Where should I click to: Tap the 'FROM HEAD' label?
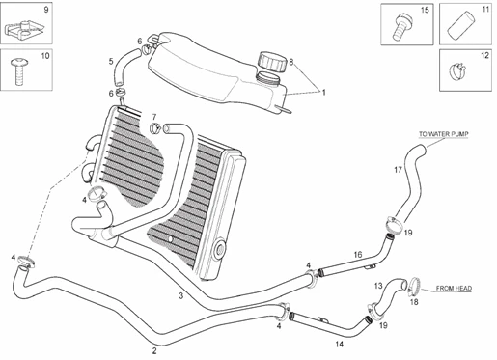tap(453, 288)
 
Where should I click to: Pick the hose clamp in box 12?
tap(460, 69)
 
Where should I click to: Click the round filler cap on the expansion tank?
tap(269, 62)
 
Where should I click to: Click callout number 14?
tap(338, 344)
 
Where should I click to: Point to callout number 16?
tap(357, 255)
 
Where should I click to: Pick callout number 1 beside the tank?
tap(324, 93)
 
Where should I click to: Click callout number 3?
tap(180, 295)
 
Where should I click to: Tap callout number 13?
tap(378, 285)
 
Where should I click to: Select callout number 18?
tap(415, 302)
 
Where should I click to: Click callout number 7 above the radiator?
tap(154, 117)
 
